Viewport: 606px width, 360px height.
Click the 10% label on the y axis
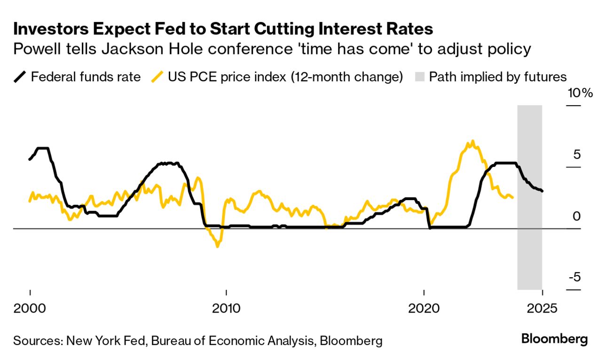580,93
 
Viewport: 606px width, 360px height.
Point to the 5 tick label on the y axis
576,155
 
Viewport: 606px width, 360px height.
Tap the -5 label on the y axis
574,277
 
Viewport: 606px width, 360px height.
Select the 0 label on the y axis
577,216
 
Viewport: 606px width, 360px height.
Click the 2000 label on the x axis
30,309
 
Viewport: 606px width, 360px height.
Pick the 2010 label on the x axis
226,309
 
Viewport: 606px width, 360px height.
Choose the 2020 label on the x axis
424,309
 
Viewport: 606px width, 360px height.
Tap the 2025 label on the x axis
543,309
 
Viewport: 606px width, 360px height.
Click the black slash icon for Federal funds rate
20,77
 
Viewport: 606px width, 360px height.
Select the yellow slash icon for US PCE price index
157,77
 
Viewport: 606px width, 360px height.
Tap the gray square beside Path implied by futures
420,77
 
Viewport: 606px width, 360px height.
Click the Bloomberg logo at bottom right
554,339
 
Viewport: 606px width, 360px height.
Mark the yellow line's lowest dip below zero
217,246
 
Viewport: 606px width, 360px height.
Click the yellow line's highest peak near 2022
472,141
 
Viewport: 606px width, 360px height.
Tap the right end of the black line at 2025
543,191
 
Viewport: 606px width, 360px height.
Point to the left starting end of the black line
30,160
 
